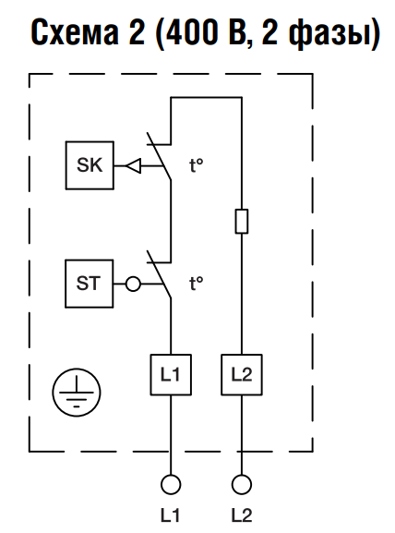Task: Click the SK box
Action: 90,165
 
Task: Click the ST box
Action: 90,284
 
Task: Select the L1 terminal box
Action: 171,375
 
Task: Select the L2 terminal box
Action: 242,375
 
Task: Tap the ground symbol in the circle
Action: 77,392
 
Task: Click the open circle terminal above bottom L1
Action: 171,484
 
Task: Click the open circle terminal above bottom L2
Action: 242,484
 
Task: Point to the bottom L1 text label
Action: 170,515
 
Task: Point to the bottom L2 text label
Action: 242,515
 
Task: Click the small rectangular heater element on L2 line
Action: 242,222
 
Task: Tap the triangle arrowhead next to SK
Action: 133,166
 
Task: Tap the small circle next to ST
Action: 133,284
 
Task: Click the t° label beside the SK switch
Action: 196,166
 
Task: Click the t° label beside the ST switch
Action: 196,284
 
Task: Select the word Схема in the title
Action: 75,31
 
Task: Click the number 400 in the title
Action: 192,31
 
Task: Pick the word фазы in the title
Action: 329,33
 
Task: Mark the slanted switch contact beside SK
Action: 159,156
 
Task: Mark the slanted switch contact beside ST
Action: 159,274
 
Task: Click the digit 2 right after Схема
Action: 137,31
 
